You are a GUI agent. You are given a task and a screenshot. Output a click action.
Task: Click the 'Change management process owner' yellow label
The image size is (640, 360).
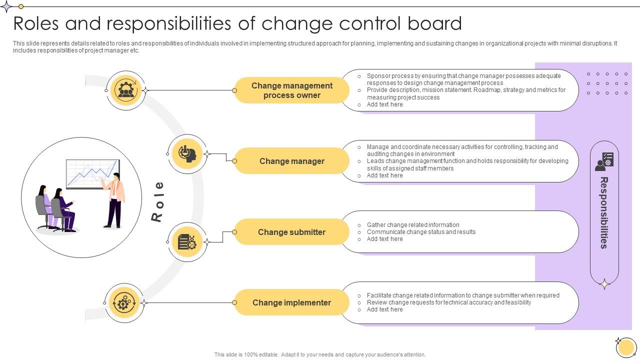point(291,90)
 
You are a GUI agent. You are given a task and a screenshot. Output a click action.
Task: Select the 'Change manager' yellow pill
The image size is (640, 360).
point(291,161)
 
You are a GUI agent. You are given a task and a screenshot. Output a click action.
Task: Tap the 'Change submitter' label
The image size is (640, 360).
point(291,232)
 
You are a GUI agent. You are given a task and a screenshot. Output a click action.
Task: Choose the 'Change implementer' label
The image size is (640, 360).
point(291,302)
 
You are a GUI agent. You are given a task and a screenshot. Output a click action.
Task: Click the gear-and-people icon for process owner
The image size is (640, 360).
point(126,90)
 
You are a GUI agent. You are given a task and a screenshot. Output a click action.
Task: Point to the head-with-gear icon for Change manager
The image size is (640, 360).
point(187,154)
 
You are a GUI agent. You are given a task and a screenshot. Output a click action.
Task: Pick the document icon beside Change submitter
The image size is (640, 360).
point(187,241)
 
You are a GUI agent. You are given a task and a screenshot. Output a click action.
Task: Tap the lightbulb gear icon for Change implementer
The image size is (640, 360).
point(123,303)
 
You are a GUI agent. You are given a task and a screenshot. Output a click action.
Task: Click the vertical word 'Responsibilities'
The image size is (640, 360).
point(604,213)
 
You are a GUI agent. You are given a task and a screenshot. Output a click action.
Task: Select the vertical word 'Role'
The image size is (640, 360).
point(157,201)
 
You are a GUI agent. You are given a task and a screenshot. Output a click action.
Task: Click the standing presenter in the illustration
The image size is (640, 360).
point(114,200)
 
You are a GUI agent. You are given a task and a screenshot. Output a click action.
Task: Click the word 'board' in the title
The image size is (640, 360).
point(434,23)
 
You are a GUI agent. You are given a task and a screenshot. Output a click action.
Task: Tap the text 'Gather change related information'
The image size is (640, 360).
point(413,225)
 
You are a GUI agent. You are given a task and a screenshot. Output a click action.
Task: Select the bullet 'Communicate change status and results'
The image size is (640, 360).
point(421,232)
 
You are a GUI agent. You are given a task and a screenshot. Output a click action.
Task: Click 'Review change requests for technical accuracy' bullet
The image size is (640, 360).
point(449,302)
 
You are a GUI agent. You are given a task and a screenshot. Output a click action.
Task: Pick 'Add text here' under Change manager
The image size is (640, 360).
point(384,175)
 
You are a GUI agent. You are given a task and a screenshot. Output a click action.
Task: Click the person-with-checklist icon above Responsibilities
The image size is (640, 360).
point(604,161)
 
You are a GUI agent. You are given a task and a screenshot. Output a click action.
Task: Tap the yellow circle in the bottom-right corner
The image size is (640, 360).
point(626,347)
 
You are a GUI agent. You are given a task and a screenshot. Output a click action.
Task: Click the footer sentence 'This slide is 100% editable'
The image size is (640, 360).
point(320,354)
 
